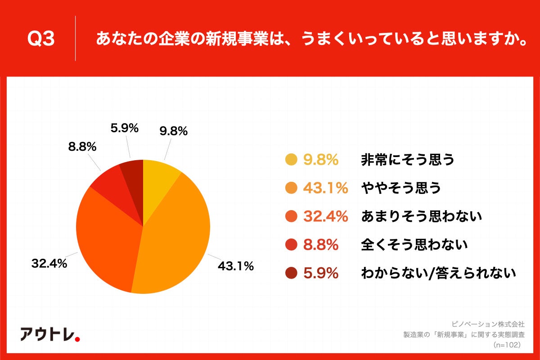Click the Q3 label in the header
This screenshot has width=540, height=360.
(x=41, y=40)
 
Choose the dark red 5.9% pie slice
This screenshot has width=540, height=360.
(x=133, y=173)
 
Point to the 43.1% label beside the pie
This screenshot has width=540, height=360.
(x=236, y=266)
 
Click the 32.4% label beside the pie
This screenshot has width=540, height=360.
(x=49, y=264)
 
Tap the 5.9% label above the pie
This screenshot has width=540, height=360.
(x=124, y=128)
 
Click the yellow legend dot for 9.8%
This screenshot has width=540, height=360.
(x=291, y=160)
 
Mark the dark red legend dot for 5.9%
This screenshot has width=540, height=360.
(x=291, y=273)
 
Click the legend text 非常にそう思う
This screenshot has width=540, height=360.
(x=408, y=160)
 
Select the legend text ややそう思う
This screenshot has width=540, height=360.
(x=400, y=188)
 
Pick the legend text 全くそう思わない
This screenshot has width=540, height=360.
(x=414, y=245)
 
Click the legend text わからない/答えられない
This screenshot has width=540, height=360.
(x=438, y=273)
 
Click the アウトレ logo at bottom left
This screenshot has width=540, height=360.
(x=50, y=333)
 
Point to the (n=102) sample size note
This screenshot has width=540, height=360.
(x=507, y=345)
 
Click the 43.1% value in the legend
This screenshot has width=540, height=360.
(x=325, y=188)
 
